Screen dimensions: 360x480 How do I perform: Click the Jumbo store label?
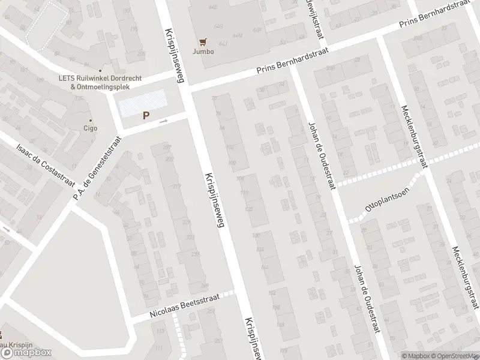[203, 51]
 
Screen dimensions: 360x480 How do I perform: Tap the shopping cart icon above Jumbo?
[203, 42]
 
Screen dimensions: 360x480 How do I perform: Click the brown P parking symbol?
[145, 116]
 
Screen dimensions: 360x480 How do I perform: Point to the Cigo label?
[90, 128]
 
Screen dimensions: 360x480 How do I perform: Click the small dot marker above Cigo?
[90, 120]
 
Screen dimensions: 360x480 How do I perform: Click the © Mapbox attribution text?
[415, 356]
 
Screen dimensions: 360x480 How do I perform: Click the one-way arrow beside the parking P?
[164, 121]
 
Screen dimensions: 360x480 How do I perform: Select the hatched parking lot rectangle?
[142, 103]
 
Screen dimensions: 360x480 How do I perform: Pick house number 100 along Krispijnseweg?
[232, 163]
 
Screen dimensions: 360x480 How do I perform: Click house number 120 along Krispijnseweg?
[248, 209]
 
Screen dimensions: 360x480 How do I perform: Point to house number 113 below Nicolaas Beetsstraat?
[160, 331]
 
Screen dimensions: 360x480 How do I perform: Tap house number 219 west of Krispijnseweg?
[176, 187]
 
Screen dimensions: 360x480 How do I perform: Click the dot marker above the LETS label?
[100, 70]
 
